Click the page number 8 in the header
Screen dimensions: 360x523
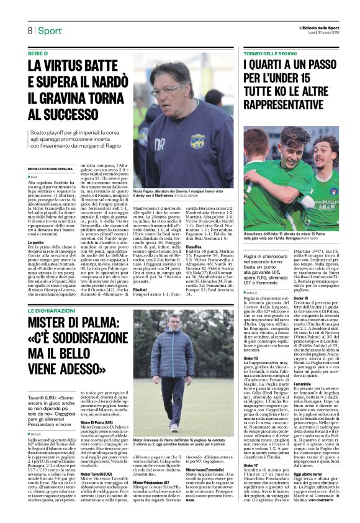(30, 31)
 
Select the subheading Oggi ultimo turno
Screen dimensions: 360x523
(312, 474)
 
